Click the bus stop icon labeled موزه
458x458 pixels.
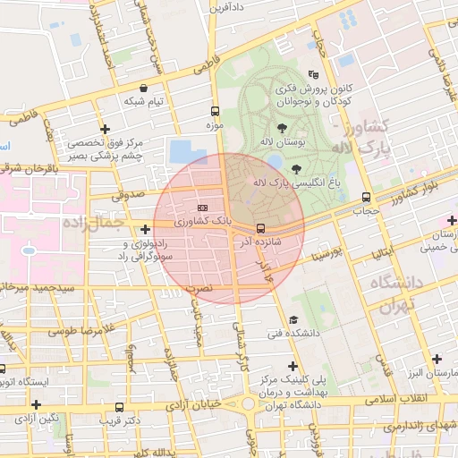tap(215, 112)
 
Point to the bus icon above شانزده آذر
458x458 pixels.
tap(260, 227)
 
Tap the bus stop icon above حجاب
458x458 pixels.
tap(365, 198)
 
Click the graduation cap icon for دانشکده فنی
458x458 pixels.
tap(293, 320)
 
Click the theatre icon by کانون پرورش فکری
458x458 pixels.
tap(312, 74)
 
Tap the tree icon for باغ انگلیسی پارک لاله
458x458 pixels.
tap(296, 168)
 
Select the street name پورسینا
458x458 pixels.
tap(323, 248)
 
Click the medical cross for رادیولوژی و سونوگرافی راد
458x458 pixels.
tap(145, 230)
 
